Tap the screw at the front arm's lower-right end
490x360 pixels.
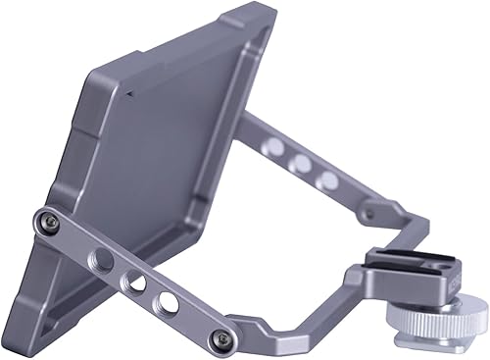coord(223,338)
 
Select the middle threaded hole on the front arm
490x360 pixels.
coord(131,282)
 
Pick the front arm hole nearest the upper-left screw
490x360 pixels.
coord(100,261)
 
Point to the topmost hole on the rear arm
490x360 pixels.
coord(276,147)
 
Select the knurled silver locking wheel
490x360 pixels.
coord(435,320)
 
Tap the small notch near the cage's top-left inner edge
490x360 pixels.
coord(126,94)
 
